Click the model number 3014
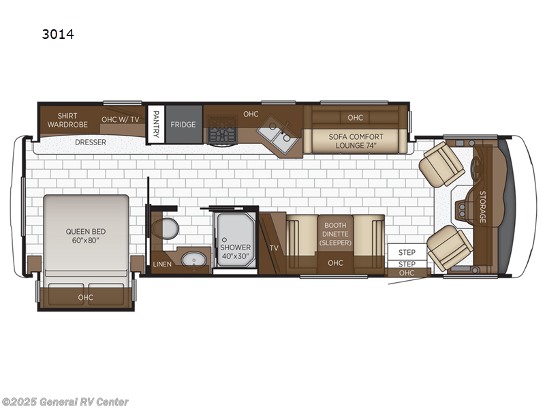(x=58, y=34)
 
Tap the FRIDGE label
(x=183, y=125)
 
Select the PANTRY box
(x=156, y=124)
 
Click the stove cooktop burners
(x=222, y=130)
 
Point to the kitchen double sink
(x=278, y=137)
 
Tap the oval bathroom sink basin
(x=193, y=260)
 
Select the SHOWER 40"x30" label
(x=235, y=252)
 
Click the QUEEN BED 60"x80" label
(x=86, y=235)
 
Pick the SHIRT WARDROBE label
(x=67, y=120)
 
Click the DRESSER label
(x=91, y=142)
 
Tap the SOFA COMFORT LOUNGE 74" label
(x=356, y=141)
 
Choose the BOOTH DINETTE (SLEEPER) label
(x=335, y=234)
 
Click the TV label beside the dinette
(x=274, y=248)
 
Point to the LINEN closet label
(x=162, y=264)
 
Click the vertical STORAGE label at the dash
(x=482, y=207)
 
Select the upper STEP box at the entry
(x=407, y=252)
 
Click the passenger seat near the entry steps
(x=450, y=247)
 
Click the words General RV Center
(x=84, y=402)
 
